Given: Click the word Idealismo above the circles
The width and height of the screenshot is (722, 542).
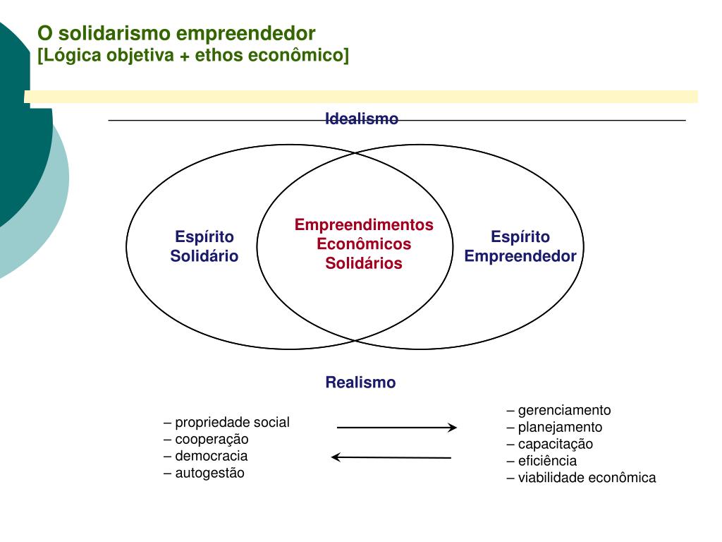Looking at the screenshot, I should [362, 119].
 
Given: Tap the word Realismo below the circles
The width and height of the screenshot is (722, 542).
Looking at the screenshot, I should [360, 383].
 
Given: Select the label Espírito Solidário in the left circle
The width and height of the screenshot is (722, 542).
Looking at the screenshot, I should [204, 246].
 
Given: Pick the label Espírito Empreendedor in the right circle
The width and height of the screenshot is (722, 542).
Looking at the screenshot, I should [520, 246].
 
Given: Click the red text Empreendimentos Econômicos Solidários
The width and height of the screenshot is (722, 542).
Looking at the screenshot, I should [364, 244].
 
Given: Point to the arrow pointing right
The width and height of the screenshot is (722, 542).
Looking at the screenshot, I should [397, 427].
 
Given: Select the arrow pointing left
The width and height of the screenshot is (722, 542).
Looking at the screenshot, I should [391, 457].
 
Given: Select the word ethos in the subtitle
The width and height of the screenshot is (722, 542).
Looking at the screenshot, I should [218, 55].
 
